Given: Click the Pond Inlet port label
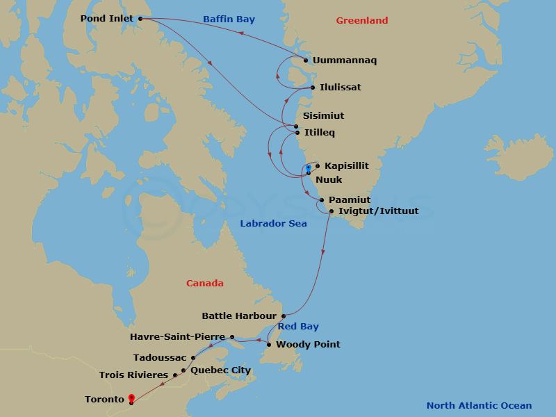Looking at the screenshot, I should [x=106, y=19].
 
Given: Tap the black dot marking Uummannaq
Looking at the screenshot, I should [x=306, y=60].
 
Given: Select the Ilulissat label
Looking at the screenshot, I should [x=341, y=88].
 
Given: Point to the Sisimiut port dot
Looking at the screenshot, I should [x=296, y=126].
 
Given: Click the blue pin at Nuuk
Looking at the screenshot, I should [x=308, y=168].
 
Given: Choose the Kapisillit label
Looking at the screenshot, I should [x=346, y=165].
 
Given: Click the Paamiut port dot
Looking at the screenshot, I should [x=321, y=200].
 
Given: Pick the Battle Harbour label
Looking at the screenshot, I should [x=239, y=316].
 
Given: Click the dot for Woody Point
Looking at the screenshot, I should [x=269, y=344].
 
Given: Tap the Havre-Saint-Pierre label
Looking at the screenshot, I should [x=177, y=337].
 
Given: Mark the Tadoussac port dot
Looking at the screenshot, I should [x=193, y=357].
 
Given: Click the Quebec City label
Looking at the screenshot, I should [x=220, y=370].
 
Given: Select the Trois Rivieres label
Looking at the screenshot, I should [x=133, y=375].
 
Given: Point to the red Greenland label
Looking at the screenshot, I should [x=361, y=21].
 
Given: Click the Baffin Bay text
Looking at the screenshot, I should [x=229, y=20].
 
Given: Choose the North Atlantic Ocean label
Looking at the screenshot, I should [x=479, y=406].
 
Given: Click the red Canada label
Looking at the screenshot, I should [x=205, y=283].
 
